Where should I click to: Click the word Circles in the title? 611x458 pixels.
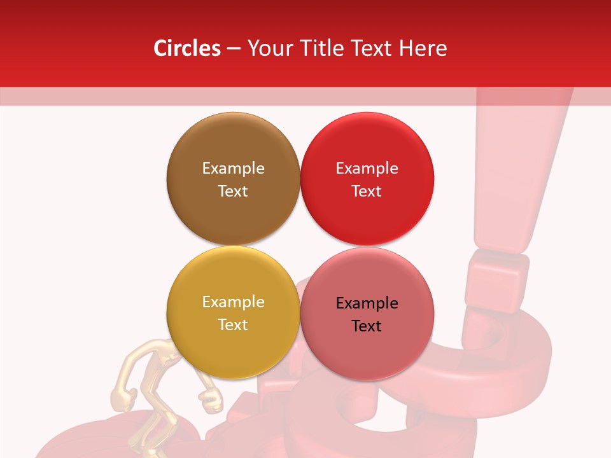tap(186, 48)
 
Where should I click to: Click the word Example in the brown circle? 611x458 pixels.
tap(233, 168)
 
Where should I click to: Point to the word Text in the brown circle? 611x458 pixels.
tap(233, 191)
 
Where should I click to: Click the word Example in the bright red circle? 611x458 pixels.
tap(367, 168)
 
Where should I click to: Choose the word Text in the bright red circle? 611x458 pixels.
tap(367, 191)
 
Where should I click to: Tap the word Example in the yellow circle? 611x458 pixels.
tap(233, 302)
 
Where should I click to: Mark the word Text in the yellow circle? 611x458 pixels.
tap(233, 324)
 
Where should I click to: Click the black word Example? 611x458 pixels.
tap(367, 303)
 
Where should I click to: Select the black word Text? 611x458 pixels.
tap(367, 326)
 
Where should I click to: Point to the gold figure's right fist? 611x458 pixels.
tap(211, 399)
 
